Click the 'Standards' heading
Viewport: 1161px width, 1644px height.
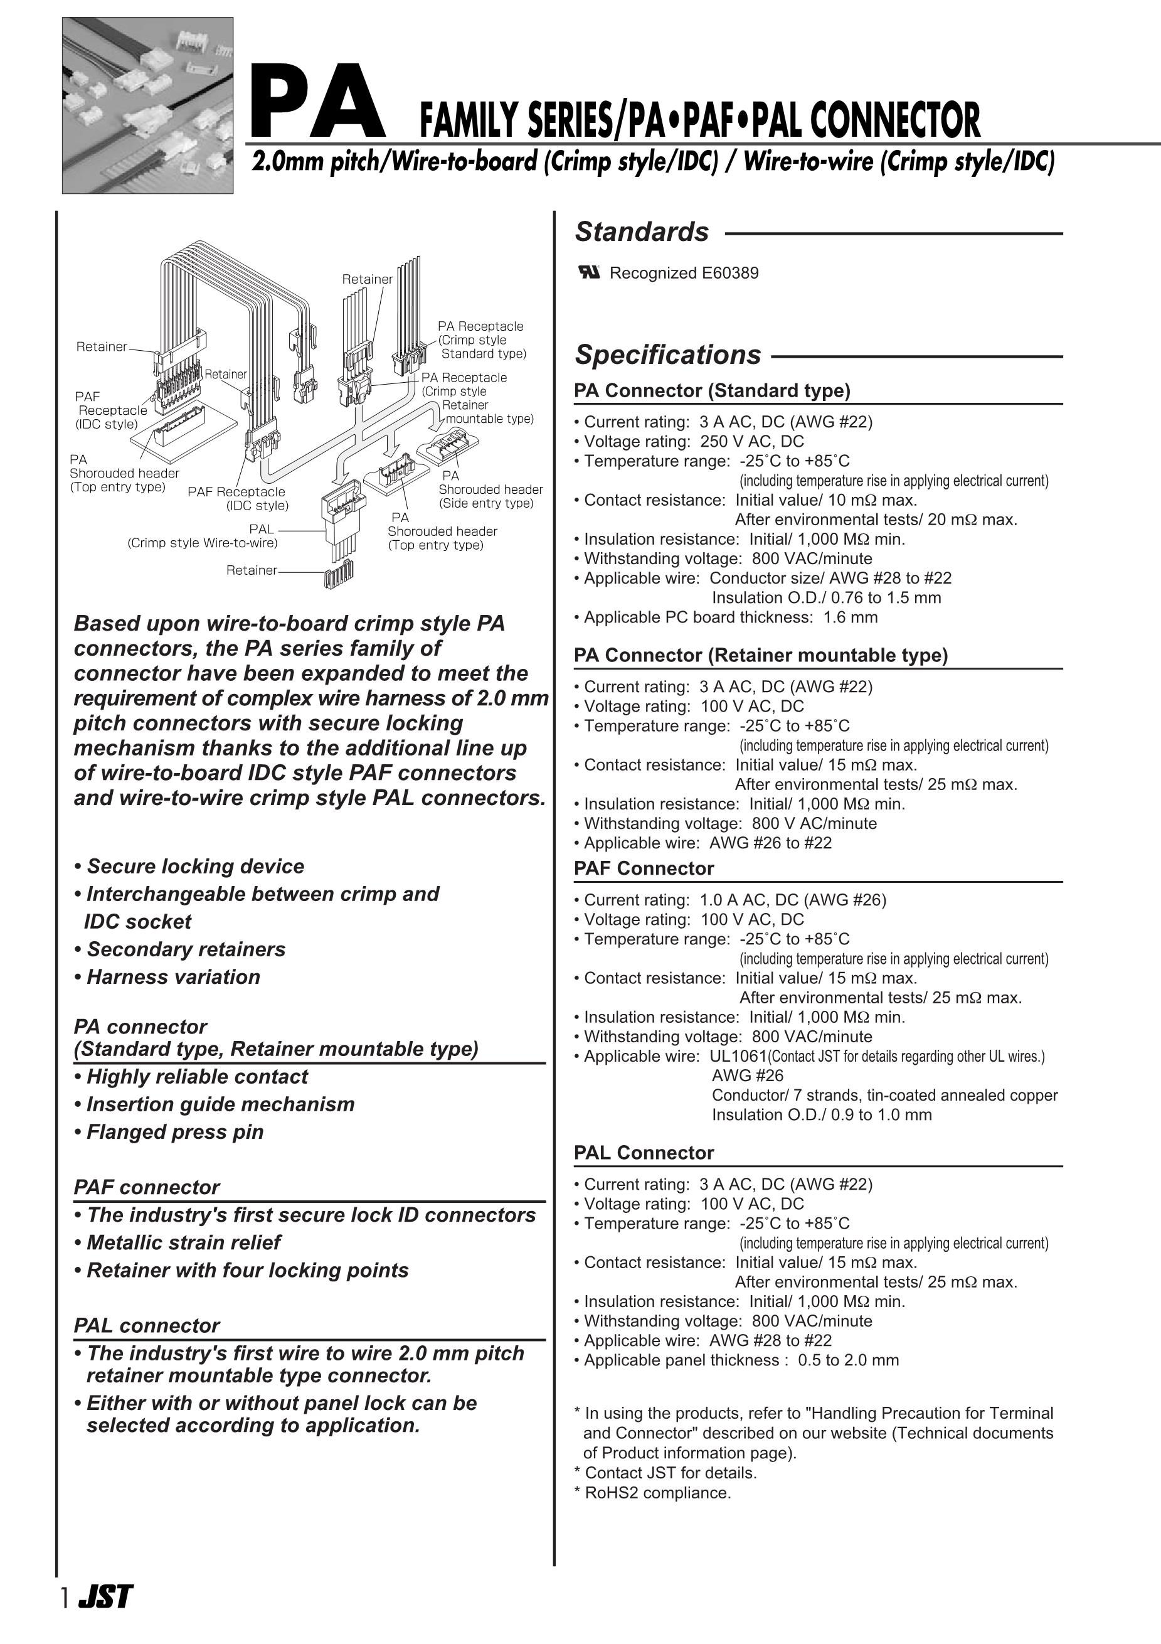click(642, 232)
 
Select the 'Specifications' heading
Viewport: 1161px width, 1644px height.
click(668, 355)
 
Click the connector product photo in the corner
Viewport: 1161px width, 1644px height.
click(147, 105)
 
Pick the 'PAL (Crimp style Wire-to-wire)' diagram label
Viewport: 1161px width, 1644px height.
click(203, 536)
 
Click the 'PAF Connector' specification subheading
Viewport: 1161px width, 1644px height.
click(644, 868)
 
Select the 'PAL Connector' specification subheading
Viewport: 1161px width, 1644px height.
click(644, 1153)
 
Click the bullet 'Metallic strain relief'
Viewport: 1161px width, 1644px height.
click(183, 1242)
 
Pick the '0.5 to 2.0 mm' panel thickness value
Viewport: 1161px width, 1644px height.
click(848, 1360)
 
